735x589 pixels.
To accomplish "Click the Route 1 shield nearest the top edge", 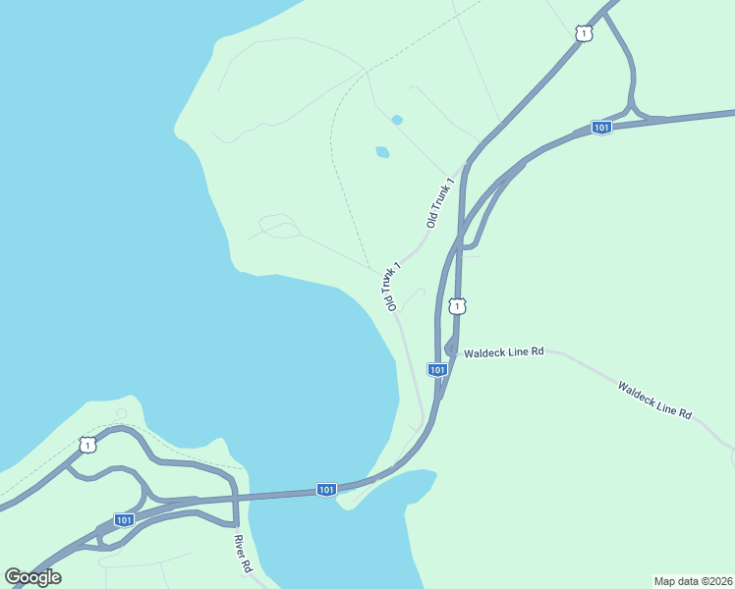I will click(585, 34).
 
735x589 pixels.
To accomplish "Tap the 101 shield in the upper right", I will click(602, 128).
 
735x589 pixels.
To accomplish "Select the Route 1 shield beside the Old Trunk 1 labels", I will click(457, 307).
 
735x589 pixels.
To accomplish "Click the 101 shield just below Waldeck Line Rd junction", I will click(437, 370).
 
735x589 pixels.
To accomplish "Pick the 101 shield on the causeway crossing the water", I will click(326, 489).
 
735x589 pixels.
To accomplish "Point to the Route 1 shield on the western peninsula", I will click(88, 445).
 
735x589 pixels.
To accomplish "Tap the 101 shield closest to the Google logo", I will click(124, 519).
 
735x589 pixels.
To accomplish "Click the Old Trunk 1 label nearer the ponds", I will click(441, 203).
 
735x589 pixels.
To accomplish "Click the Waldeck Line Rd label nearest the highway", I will click(503, 351).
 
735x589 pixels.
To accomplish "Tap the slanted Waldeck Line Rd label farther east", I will click(655, 401).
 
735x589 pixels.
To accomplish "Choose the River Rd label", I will click(244, 554).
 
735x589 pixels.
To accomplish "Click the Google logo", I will click(32, 576).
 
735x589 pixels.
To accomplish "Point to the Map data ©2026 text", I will click(693, 580).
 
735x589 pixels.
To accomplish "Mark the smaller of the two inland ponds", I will click(397, 121).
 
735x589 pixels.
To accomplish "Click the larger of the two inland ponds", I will click(382, 152).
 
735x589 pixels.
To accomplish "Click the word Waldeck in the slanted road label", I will click(636, 393).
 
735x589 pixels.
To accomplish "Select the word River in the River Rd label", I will click(240, 548).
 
